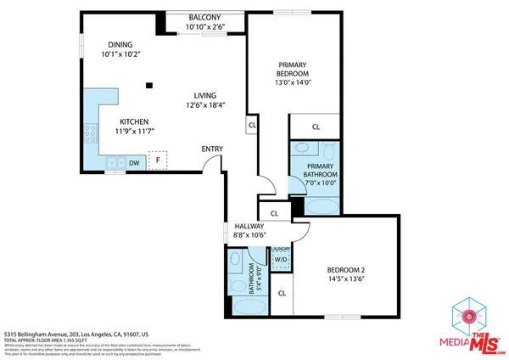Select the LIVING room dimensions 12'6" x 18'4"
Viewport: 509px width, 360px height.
click(204, 105)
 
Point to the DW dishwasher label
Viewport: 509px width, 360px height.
click(134, 163)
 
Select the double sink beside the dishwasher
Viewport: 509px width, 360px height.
click(114, 163)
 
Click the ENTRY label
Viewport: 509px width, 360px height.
click(212, 149)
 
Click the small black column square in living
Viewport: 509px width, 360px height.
click(149, 85)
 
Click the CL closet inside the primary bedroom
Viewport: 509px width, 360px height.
click(316, 127)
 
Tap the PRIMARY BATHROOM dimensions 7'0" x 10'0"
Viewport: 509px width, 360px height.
click(321, 182)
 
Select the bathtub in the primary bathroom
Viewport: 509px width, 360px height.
click(321, 205)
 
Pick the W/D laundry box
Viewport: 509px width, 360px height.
click(280, 260)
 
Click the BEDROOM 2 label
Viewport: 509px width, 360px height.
click(345, 271)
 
